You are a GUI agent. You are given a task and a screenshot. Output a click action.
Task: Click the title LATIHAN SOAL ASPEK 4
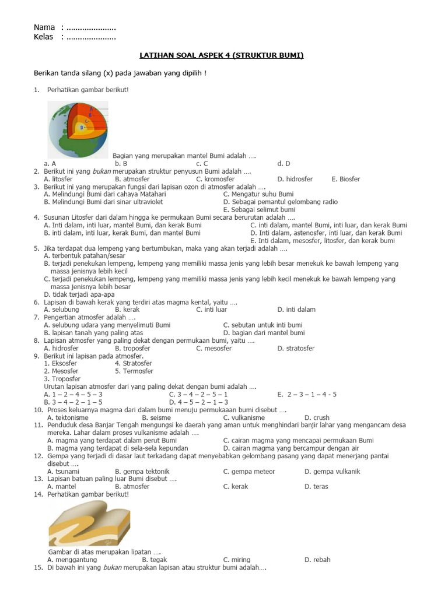click(222, 55)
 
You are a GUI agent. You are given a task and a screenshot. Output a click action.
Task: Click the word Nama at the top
click(44, 27)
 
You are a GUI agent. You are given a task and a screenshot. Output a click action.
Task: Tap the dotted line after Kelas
click(91, 37)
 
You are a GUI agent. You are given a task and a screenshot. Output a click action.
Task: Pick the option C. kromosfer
click(215, 179)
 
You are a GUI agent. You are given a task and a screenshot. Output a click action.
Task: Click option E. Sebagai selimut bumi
click(259, 209)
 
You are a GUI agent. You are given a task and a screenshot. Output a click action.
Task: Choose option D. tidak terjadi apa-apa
click(81, 294)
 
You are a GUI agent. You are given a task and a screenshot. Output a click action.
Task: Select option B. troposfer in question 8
click(132, 348)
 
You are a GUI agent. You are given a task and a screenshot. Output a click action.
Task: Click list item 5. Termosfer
click(134, 371)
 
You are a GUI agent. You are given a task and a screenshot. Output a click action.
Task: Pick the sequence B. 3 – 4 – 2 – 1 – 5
click(73, 402)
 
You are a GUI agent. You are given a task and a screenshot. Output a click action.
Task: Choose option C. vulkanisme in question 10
click(244, 417)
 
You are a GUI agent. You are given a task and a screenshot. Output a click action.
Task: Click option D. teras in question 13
click(316, 486)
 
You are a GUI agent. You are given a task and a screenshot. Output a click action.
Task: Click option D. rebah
click(317, 560)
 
